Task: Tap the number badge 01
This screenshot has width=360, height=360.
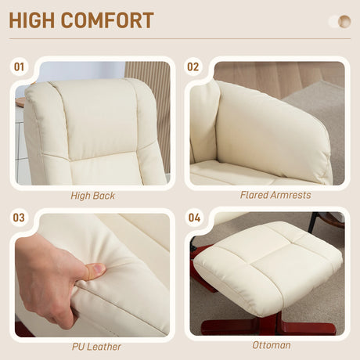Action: (20, 67)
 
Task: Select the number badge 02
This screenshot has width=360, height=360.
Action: (193, 67)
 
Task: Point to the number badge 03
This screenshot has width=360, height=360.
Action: (20, 218)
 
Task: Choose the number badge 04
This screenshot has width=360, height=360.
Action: (193, 218)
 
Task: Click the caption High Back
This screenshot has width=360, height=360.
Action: (92, 196)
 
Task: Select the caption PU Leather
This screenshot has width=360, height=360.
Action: (92, 345)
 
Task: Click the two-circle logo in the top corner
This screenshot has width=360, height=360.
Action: (339, 21)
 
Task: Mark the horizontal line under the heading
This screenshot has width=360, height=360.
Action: (180, 39)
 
